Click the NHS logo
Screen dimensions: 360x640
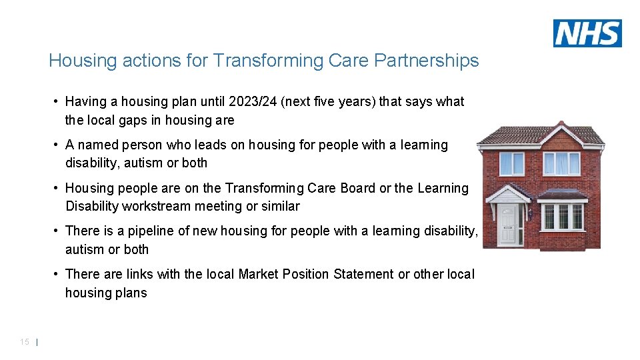pos(587,33)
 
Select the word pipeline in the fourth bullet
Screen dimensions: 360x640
pos(150,231)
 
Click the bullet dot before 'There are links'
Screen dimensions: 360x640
pos(57,275)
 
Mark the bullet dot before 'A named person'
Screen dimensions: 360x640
pos(57,145)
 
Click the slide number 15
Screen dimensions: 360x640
pos(25,342)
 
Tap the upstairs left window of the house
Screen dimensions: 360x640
pos(512,163)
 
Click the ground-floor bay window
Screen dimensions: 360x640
pos(562,216)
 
